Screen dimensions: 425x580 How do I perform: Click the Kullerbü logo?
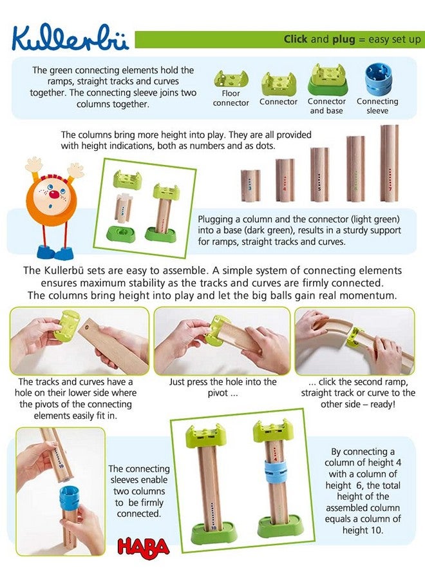tap(70, 37)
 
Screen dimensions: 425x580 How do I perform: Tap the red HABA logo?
tap(143, 547)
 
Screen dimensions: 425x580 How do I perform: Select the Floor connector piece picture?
tap(231, 79)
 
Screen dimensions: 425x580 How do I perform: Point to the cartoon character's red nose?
tap(54, 195)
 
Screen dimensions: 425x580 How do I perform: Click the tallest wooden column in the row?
tap(390, 163)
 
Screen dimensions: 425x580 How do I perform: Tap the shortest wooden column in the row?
tap(250, 186)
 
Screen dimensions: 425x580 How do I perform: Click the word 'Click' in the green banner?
tap(296, 39)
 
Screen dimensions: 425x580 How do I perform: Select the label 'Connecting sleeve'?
tap(377, 106)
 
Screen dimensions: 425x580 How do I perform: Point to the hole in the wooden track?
tap(88, 327)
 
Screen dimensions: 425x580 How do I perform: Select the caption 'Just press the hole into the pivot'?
tap(222, 387)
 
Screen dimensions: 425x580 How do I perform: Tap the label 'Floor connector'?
tap(231, 98)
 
